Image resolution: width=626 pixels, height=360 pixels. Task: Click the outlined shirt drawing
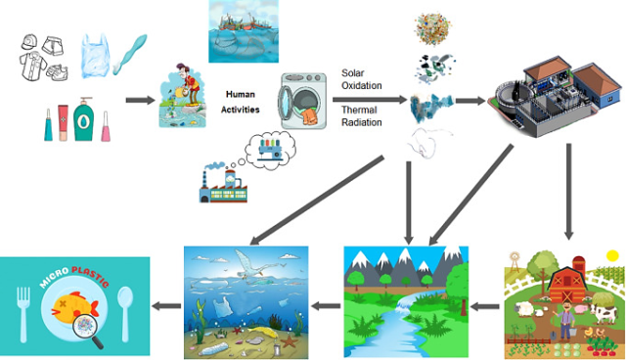34,69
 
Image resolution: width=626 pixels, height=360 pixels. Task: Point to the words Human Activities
240,102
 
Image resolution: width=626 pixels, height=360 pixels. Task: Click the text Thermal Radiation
361,116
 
